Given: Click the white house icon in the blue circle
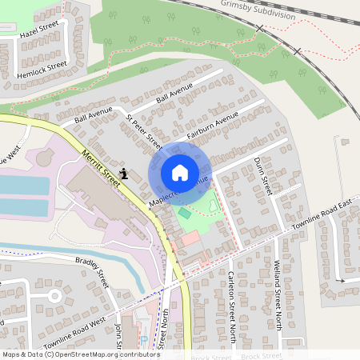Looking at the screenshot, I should point(179,173).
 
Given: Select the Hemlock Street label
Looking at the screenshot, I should point(42,66).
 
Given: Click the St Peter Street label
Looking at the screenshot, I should point(145,131).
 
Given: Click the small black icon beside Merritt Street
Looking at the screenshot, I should point(124,172).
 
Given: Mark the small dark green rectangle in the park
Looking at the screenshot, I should point(185,213).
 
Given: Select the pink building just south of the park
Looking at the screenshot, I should point(190,238).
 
